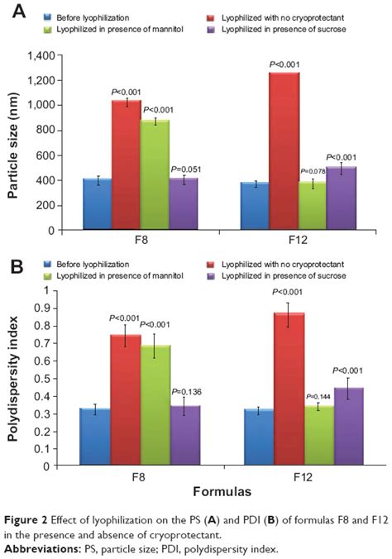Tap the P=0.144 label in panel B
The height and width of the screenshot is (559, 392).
319,396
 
